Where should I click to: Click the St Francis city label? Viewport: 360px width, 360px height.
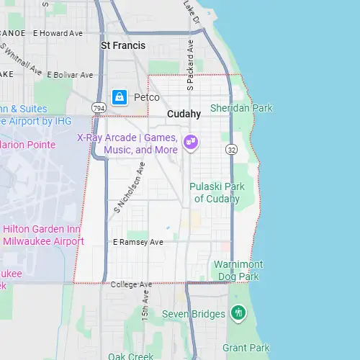pyautogui.click(x=122, y=45)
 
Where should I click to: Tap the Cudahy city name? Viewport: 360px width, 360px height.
pyautogui.click(x=184, y=114)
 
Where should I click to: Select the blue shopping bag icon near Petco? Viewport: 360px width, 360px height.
pyautogui.click(x=120, y=96)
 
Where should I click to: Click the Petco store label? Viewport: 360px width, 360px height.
pyautogui.click(x=146, y=96)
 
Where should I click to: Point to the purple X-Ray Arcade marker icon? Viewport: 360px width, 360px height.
pyautogui.click(x=191, y=141)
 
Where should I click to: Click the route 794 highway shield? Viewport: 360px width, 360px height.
pyautogui.click(x=99, y=108)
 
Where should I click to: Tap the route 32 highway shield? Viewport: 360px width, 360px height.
pyautogui.click(x=230, y=150)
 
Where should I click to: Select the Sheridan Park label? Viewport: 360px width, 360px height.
pyautogui.click(x=241, y=108)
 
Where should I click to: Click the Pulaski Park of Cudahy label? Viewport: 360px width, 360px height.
pyautogui.click(x=217, y=192)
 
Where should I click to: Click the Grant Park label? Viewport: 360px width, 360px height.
pyautogui.click(x=246, y=348)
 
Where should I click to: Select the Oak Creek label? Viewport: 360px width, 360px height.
pyautogui.click(x=130, y=356)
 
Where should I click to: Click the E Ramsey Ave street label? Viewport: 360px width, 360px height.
pyautogui.click(x=138, y=242)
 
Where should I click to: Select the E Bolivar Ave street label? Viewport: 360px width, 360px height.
pyautogui.click(x=70, y=75)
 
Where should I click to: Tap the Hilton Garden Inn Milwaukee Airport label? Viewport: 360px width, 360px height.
pyautogui.click(x=43, y=235)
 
